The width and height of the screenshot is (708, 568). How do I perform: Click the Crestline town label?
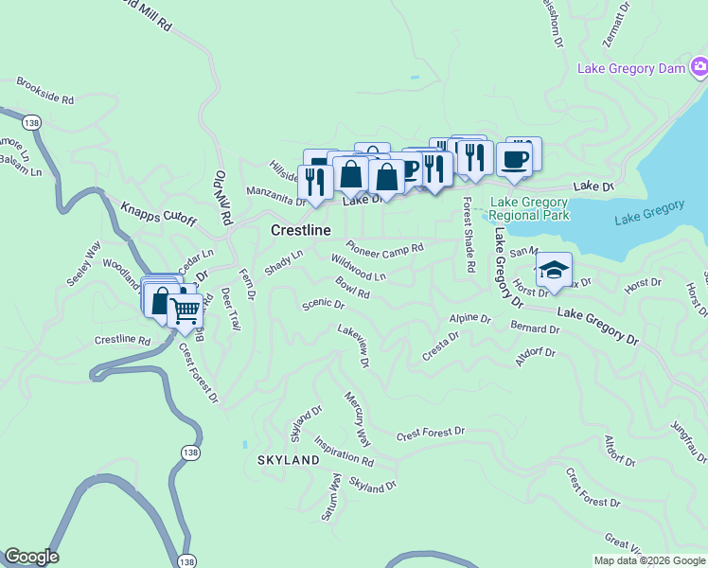tap(301, 230)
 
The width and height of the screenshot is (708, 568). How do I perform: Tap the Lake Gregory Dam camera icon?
tap(699, 66)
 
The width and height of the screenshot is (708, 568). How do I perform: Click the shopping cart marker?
tap(186, 309)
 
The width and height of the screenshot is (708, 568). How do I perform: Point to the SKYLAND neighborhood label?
tap(289, 460)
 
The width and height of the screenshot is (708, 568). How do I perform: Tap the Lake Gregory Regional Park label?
tap(529, 209)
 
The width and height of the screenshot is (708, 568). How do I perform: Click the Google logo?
tap(31, 557)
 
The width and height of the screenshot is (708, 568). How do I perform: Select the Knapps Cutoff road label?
tap(158, 213)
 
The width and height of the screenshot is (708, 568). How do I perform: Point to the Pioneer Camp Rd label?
tap(383, 246)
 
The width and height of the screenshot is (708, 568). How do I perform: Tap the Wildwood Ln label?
tap(359, 268)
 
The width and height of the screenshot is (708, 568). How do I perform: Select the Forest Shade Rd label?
tap(468, 235)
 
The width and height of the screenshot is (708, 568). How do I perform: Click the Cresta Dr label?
tap(440, 342)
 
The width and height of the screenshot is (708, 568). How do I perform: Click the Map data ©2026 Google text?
tap(648, 560)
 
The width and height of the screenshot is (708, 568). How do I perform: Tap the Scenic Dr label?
tap(323, 304)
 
